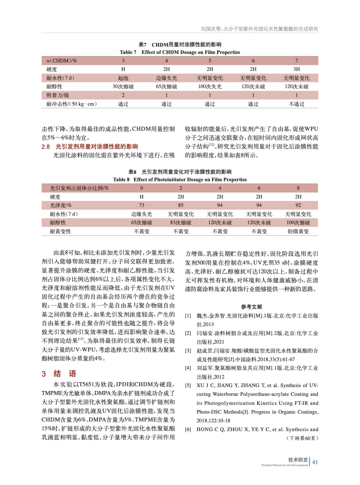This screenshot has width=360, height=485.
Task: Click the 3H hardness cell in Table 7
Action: [x=296, y=69]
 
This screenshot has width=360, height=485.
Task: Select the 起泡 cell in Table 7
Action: [x=123, y=78]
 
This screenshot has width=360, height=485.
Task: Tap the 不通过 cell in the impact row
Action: [x=296, y=104]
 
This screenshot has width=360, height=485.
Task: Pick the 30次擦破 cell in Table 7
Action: [x=123, y=87]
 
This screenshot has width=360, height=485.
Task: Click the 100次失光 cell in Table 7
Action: [x=210, y=87]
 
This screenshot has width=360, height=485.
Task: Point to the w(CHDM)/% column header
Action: [x=62, y=61]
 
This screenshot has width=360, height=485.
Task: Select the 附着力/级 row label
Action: [x=58, y=95]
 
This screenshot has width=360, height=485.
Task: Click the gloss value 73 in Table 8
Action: [x=142, y=205]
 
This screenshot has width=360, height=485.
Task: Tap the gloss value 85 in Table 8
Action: [x=181, y=205]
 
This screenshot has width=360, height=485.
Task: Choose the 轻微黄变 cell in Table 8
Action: [x=298, y=231]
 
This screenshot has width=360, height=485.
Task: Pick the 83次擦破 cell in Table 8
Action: [x=181, y=222]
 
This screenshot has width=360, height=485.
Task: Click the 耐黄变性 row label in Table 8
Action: [x=60, y=231]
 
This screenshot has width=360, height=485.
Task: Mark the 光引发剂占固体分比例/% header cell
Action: [x=79, y=188]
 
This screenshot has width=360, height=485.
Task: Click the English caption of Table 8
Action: [x=180, y=179]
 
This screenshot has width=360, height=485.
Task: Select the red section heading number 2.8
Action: [x=46, y=147]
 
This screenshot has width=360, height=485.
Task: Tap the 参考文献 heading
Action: [x=251, y=306]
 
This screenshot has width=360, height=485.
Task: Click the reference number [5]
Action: [x=188, y=386]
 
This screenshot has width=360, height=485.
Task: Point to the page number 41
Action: [x=315, y=462]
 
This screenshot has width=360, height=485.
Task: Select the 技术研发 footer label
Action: [x=298, y=460]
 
